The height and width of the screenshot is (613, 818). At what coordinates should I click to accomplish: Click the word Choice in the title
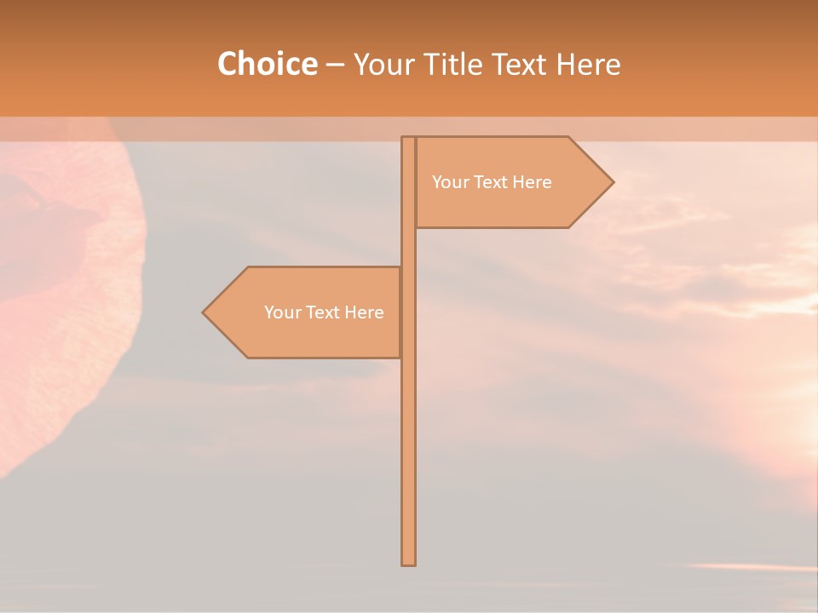coord(267,65)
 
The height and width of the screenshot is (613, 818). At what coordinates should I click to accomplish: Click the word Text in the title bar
coord(519,65)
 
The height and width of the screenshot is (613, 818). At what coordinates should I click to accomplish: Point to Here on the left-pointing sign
coord(364,312)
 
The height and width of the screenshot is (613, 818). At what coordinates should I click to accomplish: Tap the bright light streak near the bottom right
coord(750,566)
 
